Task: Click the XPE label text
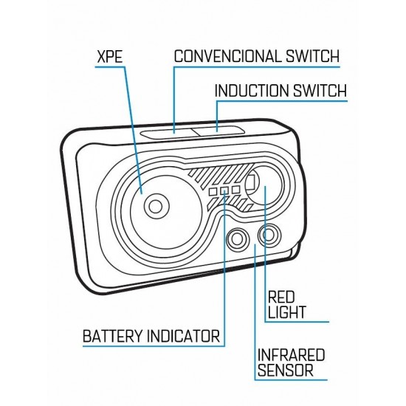click(110, 57)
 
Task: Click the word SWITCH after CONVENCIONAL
click(312, 56)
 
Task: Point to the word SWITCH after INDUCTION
click(320, 91)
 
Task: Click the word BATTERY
click(113, 336)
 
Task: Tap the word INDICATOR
click(183, 336)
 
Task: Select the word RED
click(281, 297)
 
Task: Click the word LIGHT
click(286, 312)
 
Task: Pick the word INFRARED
click(291, 355)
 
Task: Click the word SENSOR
click(286, 370)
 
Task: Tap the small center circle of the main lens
click(155, 207)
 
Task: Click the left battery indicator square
click(213, 192)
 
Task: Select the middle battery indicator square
click(224, 190)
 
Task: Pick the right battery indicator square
click(235, 190)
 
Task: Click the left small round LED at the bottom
click(238, 238)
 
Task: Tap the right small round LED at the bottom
click(269, 235)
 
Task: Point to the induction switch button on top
click(218, 130)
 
